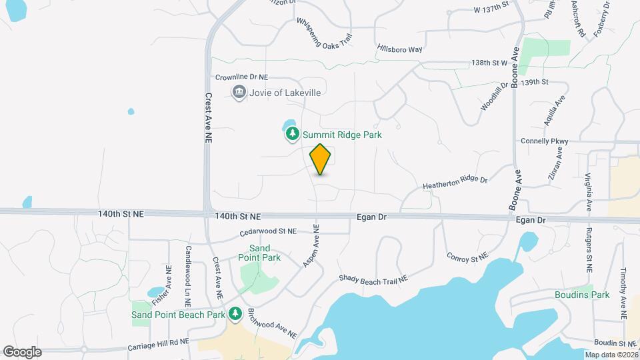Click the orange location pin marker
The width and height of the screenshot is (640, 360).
pos(321,159)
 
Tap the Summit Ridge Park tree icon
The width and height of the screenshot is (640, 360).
pos(292,135)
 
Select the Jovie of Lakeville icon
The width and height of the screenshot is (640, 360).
pos(239,92)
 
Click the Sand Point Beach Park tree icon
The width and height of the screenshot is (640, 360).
pos(235,314)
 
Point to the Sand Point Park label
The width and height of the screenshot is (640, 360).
pos(260,252)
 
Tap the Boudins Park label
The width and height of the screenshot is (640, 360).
pos(582,295)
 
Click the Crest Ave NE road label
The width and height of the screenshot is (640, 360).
pos(208,118)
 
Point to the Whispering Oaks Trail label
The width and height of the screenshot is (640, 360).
pos(324,33)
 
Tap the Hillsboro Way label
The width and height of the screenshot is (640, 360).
pos(400,49)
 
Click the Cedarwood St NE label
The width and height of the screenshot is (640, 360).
pos(268,231)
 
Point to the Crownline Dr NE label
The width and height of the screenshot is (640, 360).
pos(241,78)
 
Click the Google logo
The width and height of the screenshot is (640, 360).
pos(22,351)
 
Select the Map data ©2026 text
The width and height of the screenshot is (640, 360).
pos(610,355)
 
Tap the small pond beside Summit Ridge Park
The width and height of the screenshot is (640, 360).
pos(289,125)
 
